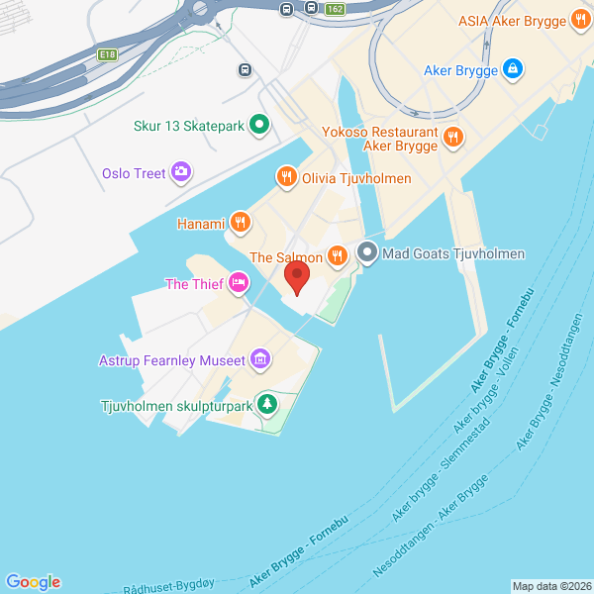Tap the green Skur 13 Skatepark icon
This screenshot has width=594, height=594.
[259, 125]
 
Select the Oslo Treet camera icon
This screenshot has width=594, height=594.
[181, 173]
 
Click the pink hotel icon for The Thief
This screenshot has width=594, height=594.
[238, 285]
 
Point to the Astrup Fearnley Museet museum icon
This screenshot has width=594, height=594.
[260, 359]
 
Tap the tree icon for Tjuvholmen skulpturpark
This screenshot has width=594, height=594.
[266, 404]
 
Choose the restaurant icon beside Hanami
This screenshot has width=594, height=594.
[239, 221]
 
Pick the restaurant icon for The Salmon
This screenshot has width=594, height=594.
[338, 256]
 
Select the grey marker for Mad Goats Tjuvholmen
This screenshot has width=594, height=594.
[367, 253]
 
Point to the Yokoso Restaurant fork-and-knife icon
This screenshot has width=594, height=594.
[452, 138]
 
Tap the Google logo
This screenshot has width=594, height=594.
[33, 582]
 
